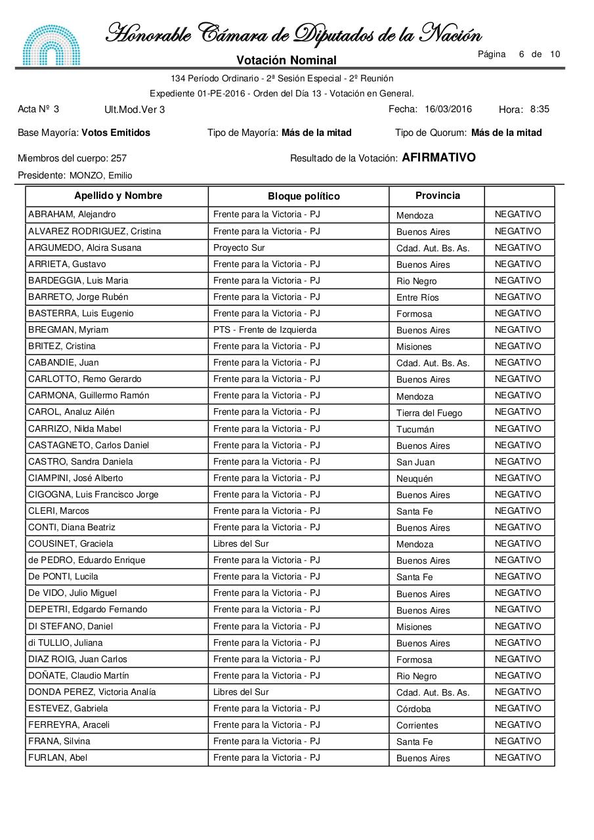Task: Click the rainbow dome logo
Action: click(x=51, y=44)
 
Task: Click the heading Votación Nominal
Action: click(x=286, y=60)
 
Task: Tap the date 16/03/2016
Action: click(x=448, y=110)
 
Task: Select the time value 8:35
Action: click(x=540, y=110)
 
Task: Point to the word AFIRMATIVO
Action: click(x=438, y=158)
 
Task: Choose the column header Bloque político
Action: click(x=304, y=196)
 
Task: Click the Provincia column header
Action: click(x=438, y=196)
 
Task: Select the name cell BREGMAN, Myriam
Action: click(x=68, y=329)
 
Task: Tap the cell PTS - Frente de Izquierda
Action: click(x=265, y=329)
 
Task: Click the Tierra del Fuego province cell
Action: click(x=429, y=413)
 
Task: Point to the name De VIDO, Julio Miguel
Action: click(x=72, y=593)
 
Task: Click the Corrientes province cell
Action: click(x=417, y=725)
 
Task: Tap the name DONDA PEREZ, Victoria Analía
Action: click(x=92, y=692)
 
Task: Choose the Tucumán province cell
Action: click(x=415, y=429)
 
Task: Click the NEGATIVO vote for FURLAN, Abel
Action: click(x=518, y=757)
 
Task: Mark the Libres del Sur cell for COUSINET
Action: click(x=241, y=543)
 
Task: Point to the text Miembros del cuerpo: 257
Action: click(x=72, y=158)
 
